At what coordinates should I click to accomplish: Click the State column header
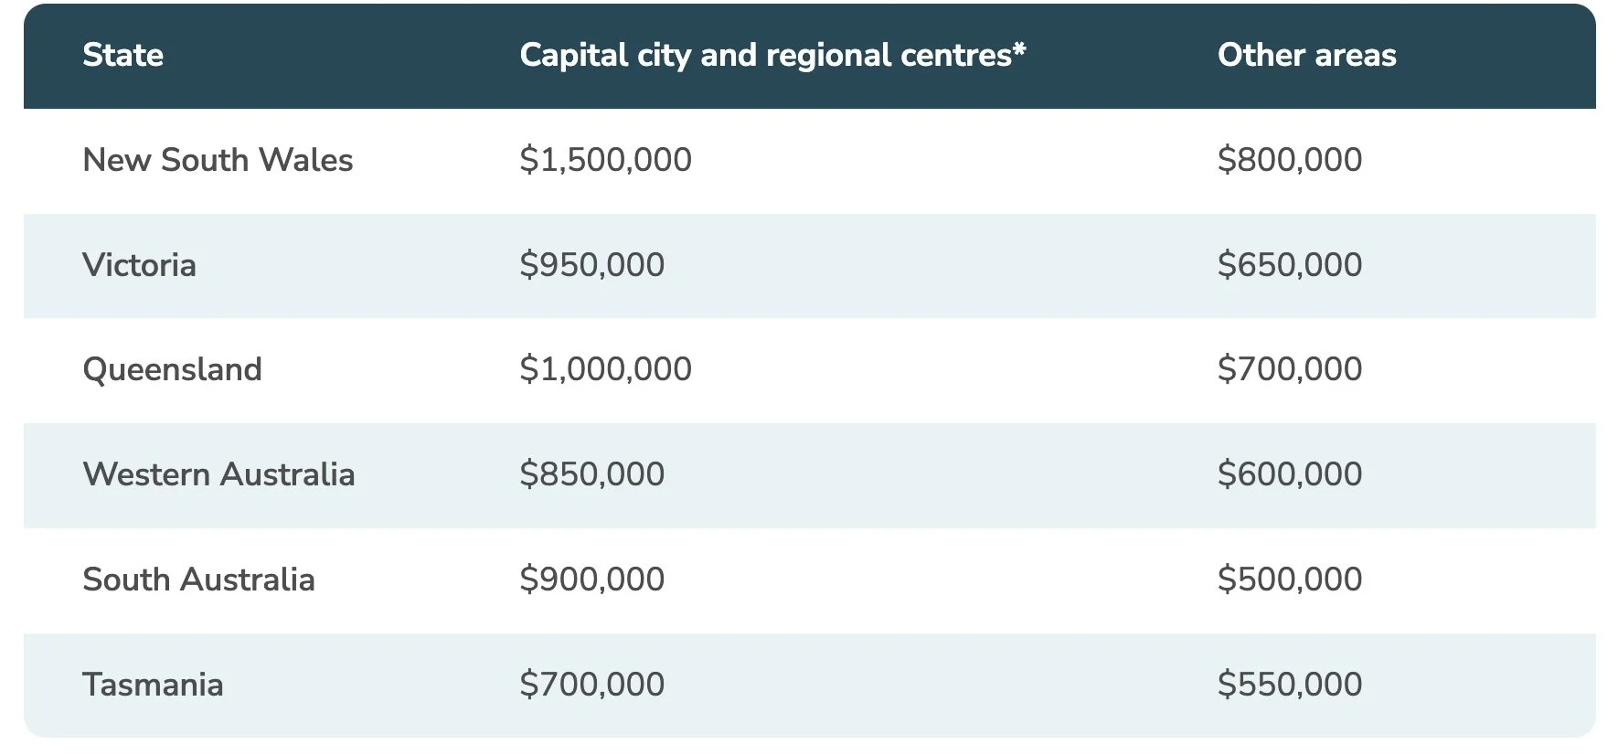click(122, 55)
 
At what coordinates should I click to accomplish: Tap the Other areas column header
click(1306, 55)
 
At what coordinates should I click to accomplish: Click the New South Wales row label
click(218, 160)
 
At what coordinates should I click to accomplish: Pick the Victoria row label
click(139, 265)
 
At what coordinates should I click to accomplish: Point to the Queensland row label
click(172, 369)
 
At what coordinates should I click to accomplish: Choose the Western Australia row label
click(218, 474)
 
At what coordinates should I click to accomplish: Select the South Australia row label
click(198, 580)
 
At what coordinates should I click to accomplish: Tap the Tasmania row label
click(153, 685)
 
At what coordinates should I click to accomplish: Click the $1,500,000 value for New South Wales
click(605, 160)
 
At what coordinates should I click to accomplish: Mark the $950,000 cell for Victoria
click(591, 265)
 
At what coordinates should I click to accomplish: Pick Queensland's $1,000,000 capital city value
click(605, 369)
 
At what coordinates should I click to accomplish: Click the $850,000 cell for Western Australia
click(591, 474)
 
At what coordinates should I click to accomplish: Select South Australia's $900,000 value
click(591, 580)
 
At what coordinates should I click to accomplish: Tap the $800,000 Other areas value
click(1289, 160)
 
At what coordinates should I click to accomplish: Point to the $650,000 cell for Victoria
click(1289, 265)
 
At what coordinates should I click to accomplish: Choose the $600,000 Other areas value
click(1289, 474)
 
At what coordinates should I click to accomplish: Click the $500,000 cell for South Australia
click(1289, 580)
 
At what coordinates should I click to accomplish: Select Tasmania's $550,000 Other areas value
click(1289, 685)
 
